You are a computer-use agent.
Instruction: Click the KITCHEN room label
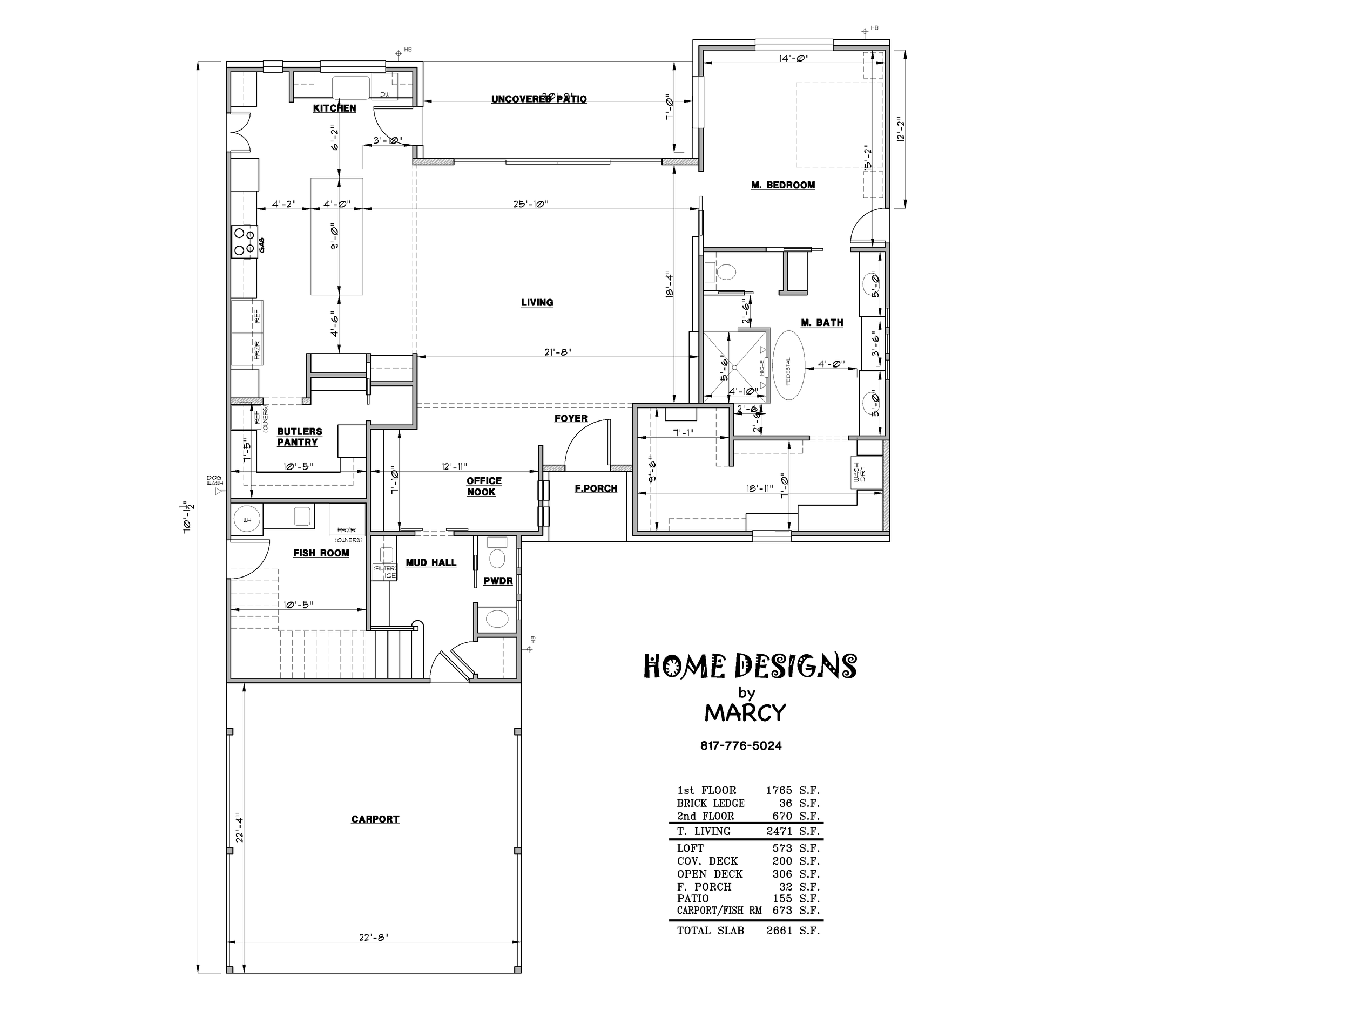point(334,108)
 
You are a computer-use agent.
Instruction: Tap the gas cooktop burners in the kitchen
point(243,242)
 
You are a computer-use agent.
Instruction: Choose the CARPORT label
point(375,819)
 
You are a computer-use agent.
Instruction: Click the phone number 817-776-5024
point(740,745)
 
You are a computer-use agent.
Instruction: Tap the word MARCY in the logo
point(745,712)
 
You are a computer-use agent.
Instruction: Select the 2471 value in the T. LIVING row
point(779,831)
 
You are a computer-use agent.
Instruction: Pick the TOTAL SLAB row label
point(710,931)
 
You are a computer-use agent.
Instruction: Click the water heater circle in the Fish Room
point(247,520)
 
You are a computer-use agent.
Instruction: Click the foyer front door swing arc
point(583,436)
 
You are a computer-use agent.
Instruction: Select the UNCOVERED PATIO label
point(538,99)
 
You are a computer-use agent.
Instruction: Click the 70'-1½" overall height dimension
point(188,517)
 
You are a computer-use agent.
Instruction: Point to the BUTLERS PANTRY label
point(299,437)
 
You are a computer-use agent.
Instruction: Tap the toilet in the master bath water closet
point(725,271)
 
